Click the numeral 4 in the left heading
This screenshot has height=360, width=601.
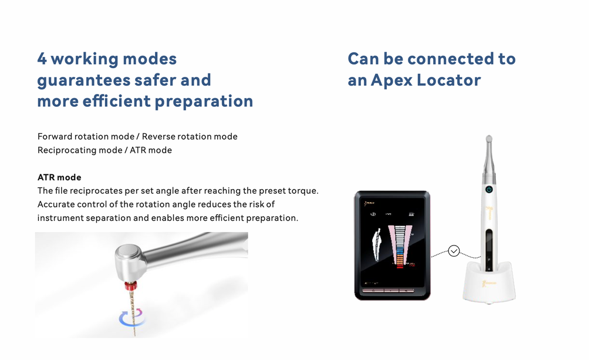tap(42, 59)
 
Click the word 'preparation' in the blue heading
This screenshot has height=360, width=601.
tap(204, 101)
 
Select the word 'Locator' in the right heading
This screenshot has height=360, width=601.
tap(449, 80)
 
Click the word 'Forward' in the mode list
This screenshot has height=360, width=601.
tap(55, 136)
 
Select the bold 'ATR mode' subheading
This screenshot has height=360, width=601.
tap(59, 177)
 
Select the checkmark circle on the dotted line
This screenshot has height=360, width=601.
tap(454, 251)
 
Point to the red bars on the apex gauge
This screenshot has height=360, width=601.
tap(401, 263)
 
